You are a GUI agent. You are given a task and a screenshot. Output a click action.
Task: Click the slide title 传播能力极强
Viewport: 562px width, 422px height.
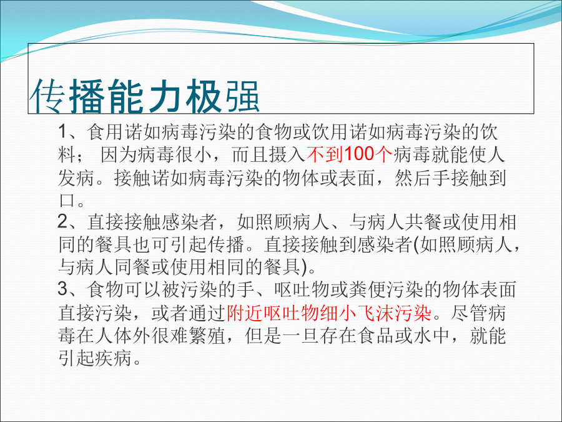pyautogui.click(x=144, y=96)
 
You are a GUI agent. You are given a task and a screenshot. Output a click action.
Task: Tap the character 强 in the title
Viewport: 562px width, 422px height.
pyautogui.click(x=242, y=96)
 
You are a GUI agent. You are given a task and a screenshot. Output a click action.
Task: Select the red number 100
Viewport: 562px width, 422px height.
pyautogui.click(x=359, y=154)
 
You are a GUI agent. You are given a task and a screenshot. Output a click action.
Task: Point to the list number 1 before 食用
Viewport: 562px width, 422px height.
pyautogui.click(x=62, y=132)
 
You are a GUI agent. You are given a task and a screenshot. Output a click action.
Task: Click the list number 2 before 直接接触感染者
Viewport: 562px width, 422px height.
pyautogui.click(x=62, y=221)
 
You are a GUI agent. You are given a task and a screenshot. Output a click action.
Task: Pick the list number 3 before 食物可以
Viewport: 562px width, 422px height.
pyautogui.click(x=62, y=289)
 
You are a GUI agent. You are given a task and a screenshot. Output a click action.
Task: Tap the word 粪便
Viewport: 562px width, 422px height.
pyautogui.click(x=366, y=289)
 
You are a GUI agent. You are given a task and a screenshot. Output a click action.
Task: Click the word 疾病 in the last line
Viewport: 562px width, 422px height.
pyautogui.click(x=113, y=358)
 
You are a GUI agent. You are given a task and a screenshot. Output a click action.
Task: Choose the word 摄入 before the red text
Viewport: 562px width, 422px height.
pyautogui.click(x=287, y=154)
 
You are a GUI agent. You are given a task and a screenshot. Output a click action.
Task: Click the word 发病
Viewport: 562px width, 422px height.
pyautogui.click(x=76, y=178)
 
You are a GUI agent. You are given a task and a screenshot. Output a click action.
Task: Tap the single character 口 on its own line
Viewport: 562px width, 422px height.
pyautogui.click(x=67, y=200)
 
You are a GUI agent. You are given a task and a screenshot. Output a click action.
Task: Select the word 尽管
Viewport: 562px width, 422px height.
pyautogui.click(x=469, y=313)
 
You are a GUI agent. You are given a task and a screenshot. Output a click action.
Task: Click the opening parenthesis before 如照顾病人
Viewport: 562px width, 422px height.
pyautogui.click(x=417, y=244)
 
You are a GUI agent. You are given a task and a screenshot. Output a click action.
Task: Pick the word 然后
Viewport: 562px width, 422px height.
pyautogui.click(x=413, y=178)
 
